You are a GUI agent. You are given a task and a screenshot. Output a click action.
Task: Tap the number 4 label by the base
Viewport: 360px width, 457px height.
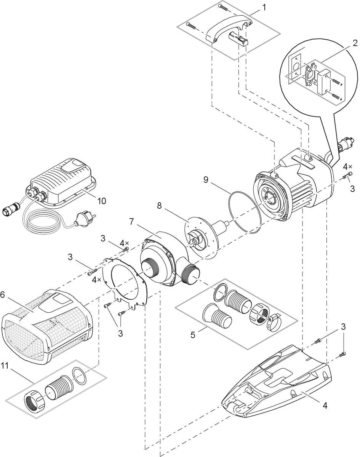coord(325,406)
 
